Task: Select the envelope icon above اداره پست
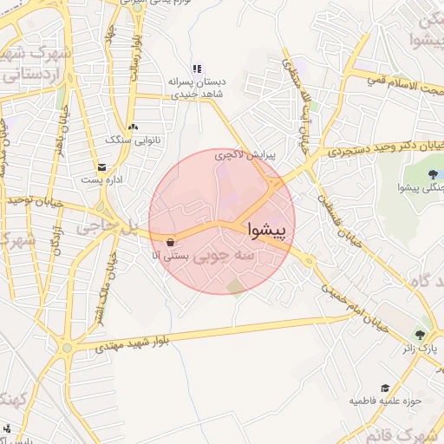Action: (x=103, y=166)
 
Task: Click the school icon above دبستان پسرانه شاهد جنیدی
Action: (x=197, y=69)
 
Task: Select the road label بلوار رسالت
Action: (x=134, y=59)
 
